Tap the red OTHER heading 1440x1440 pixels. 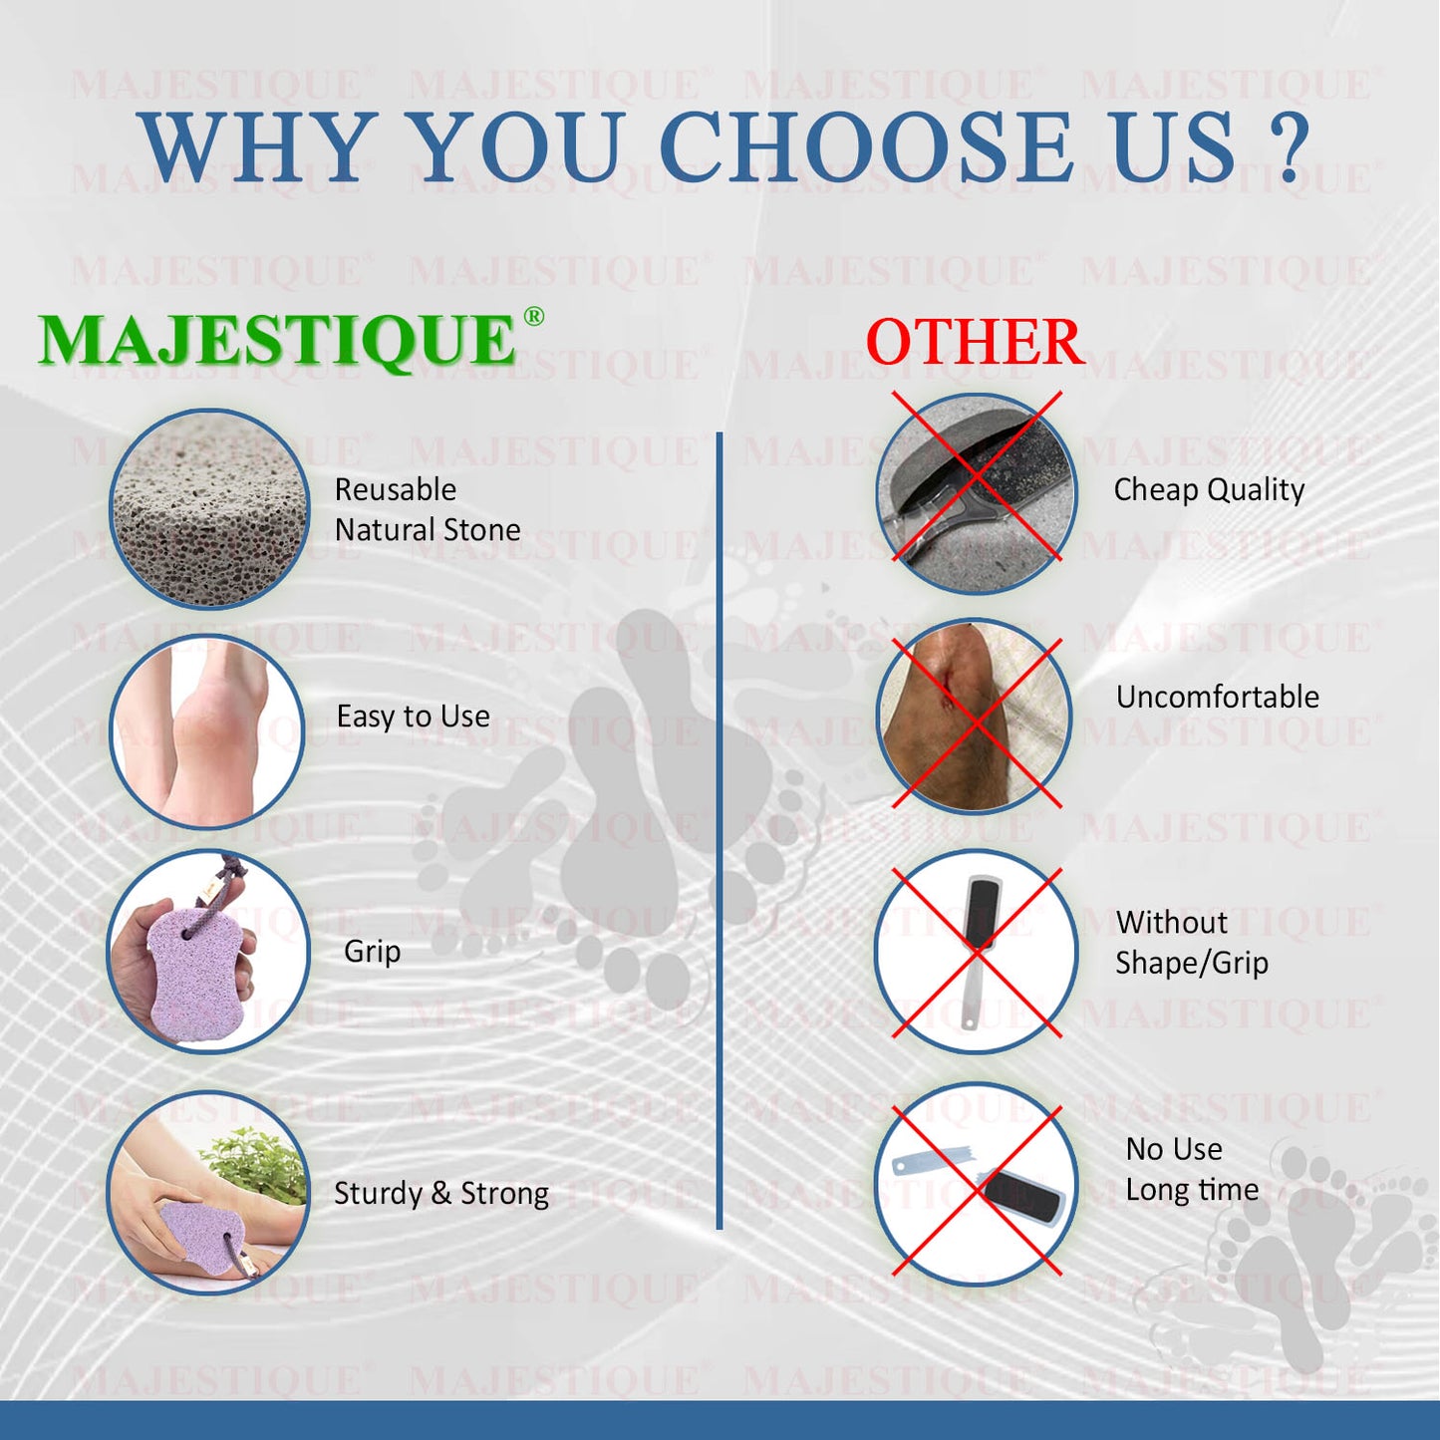coord(975,342)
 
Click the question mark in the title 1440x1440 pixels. coord(1289,147)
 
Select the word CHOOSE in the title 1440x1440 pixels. coord(865,147)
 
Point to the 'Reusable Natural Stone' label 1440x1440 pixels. coord(428,509)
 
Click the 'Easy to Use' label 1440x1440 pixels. coord(414,716)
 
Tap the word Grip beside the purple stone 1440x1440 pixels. coord(372,952)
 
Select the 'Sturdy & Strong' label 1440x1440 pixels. coord(440,1194)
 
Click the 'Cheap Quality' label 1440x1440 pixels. coord(1209,490)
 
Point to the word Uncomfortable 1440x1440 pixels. coord(1218,697)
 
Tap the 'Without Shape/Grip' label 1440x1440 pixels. coord(1192,943)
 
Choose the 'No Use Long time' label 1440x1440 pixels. coord(1192,1169)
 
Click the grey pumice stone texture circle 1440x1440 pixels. coord(209,508)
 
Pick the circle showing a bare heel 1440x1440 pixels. coord(207,730)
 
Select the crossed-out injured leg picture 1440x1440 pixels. coord(975,716)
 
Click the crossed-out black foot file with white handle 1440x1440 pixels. coord(976,951)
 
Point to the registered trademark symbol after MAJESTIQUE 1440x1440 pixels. coord(533,316)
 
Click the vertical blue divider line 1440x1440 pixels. coord(719,830)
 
